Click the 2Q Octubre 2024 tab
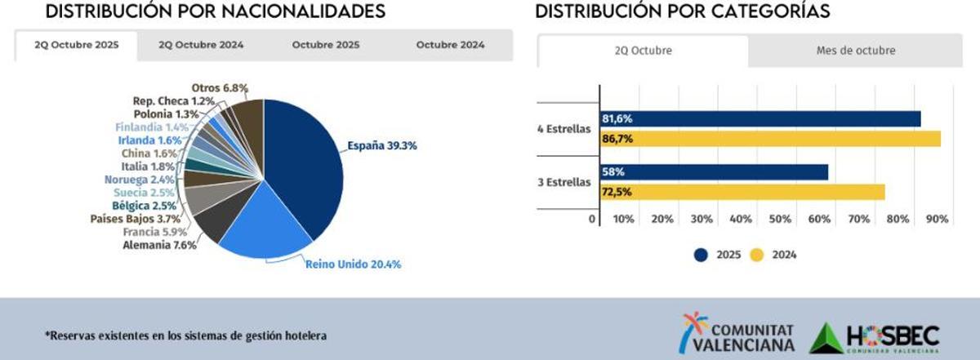(201, 46)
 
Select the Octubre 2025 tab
(326, 46)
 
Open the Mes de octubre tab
(855, 51)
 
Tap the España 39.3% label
(382, 146)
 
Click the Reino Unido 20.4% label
(353, 264)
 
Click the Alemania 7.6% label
(159, 245)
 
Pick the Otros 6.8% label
(220, 87)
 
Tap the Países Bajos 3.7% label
(134, 219)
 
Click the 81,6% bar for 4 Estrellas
(759, 119)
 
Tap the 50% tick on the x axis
(780, 219)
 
